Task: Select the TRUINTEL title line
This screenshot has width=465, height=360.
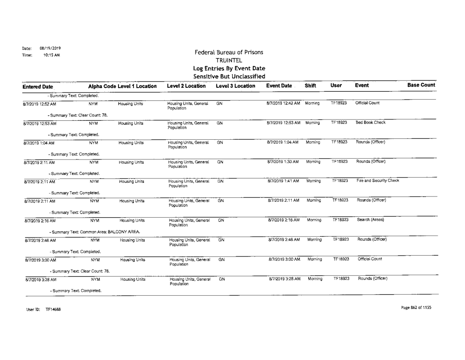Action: (231, 61)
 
